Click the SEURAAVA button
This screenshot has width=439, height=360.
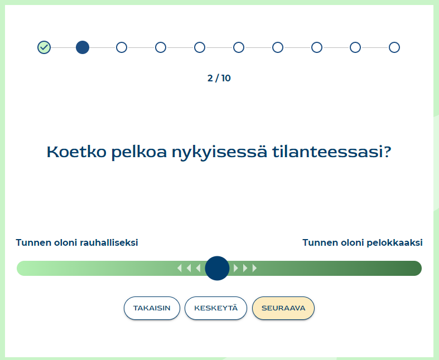coord(283,308)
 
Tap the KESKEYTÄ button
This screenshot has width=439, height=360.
coord(215,308)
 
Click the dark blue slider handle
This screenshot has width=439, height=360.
coord(217,268)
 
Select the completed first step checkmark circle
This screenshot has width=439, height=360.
coord(44,47)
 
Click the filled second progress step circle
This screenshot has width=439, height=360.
coord(83,47)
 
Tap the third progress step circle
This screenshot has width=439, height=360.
coord(122,47)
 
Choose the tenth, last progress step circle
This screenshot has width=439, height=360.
coord(394,47)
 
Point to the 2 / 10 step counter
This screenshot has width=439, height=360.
coord(219,78)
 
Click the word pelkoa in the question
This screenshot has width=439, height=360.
coord(139,152)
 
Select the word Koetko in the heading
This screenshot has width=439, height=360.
coord(76,152)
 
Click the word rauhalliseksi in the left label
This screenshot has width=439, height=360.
coord(109,242)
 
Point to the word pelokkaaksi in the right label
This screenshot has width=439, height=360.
coord(394,242)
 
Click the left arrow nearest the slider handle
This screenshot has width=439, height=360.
coord(198,268)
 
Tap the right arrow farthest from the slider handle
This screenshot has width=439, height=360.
coord(254,268)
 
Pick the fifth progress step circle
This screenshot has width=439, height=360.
coord(200,47)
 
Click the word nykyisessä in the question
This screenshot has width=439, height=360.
coord(219,152)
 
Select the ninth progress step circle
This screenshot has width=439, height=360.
coord(355,47)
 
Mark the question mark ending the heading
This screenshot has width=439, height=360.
coord(387,152)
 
